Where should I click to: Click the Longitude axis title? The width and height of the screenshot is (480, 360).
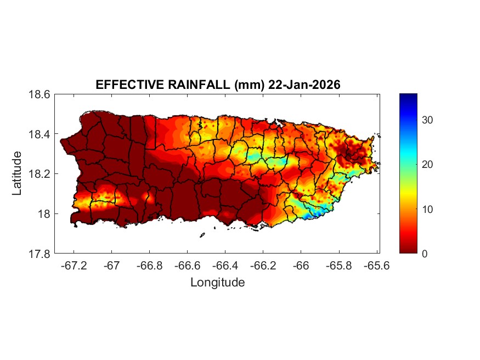217,283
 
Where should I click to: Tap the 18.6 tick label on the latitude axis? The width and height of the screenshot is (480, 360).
39,94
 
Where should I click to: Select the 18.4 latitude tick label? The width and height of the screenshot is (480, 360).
39,134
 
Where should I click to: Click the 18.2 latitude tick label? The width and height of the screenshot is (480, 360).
39,174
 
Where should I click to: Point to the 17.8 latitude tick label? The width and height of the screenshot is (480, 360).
39,254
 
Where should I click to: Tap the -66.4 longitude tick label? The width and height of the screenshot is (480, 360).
224,265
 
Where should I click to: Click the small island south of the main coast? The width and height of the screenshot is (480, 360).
202,235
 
